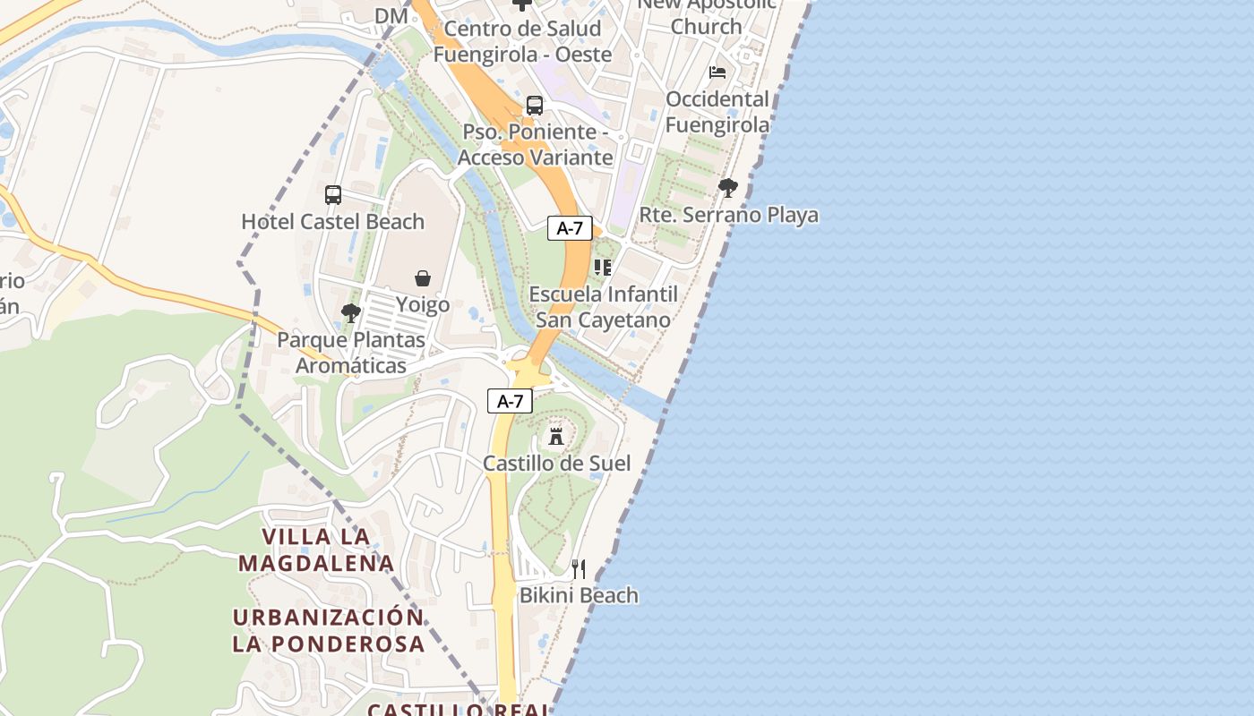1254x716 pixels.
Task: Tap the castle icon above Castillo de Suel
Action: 556,436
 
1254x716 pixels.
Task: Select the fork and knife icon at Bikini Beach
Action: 579,568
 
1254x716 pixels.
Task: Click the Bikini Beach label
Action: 579,595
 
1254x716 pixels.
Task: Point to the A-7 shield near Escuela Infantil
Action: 570,228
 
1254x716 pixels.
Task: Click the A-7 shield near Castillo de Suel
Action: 510,401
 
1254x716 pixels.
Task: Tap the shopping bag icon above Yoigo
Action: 423,278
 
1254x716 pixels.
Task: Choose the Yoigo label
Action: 423,304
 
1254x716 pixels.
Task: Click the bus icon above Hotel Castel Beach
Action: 333,194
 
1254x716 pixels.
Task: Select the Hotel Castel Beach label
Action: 333,221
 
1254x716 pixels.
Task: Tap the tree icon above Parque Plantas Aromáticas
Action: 351,313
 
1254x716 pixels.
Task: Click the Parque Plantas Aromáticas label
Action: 351,353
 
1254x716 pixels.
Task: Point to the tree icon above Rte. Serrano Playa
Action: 728,188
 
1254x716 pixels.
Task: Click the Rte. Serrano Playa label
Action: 728,215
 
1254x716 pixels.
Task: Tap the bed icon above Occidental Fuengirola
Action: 717,72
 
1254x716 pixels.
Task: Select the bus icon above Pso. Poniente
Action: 535,105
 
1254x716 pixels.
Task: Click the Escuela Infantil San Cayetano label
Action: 603,307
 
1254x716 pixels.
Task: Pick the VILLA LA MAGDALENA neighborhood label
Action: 316,550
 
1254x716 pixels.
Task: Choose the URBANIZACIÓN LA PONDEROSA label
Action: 328,630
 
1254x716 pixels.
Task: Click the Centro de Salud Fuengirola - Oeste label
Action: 522,41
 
